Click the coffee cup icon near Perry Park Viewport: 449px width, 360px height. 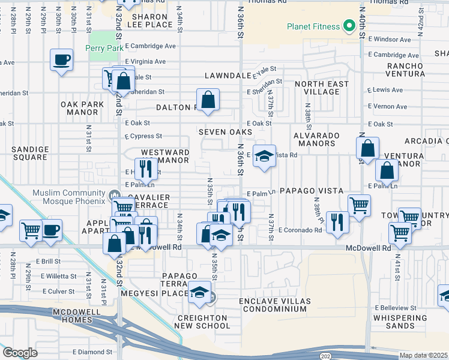point(62,60)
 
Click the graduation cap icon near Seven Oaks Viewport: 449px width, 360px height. point(262,157)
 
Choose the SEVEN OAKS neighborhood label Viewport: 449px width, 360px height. point(226,132)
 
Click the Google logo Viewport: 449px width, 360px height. point(20,352)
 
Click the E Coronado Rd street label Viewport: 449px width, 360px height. point(300,230)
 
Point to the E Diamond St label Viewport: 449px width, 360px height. point(92,352)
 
